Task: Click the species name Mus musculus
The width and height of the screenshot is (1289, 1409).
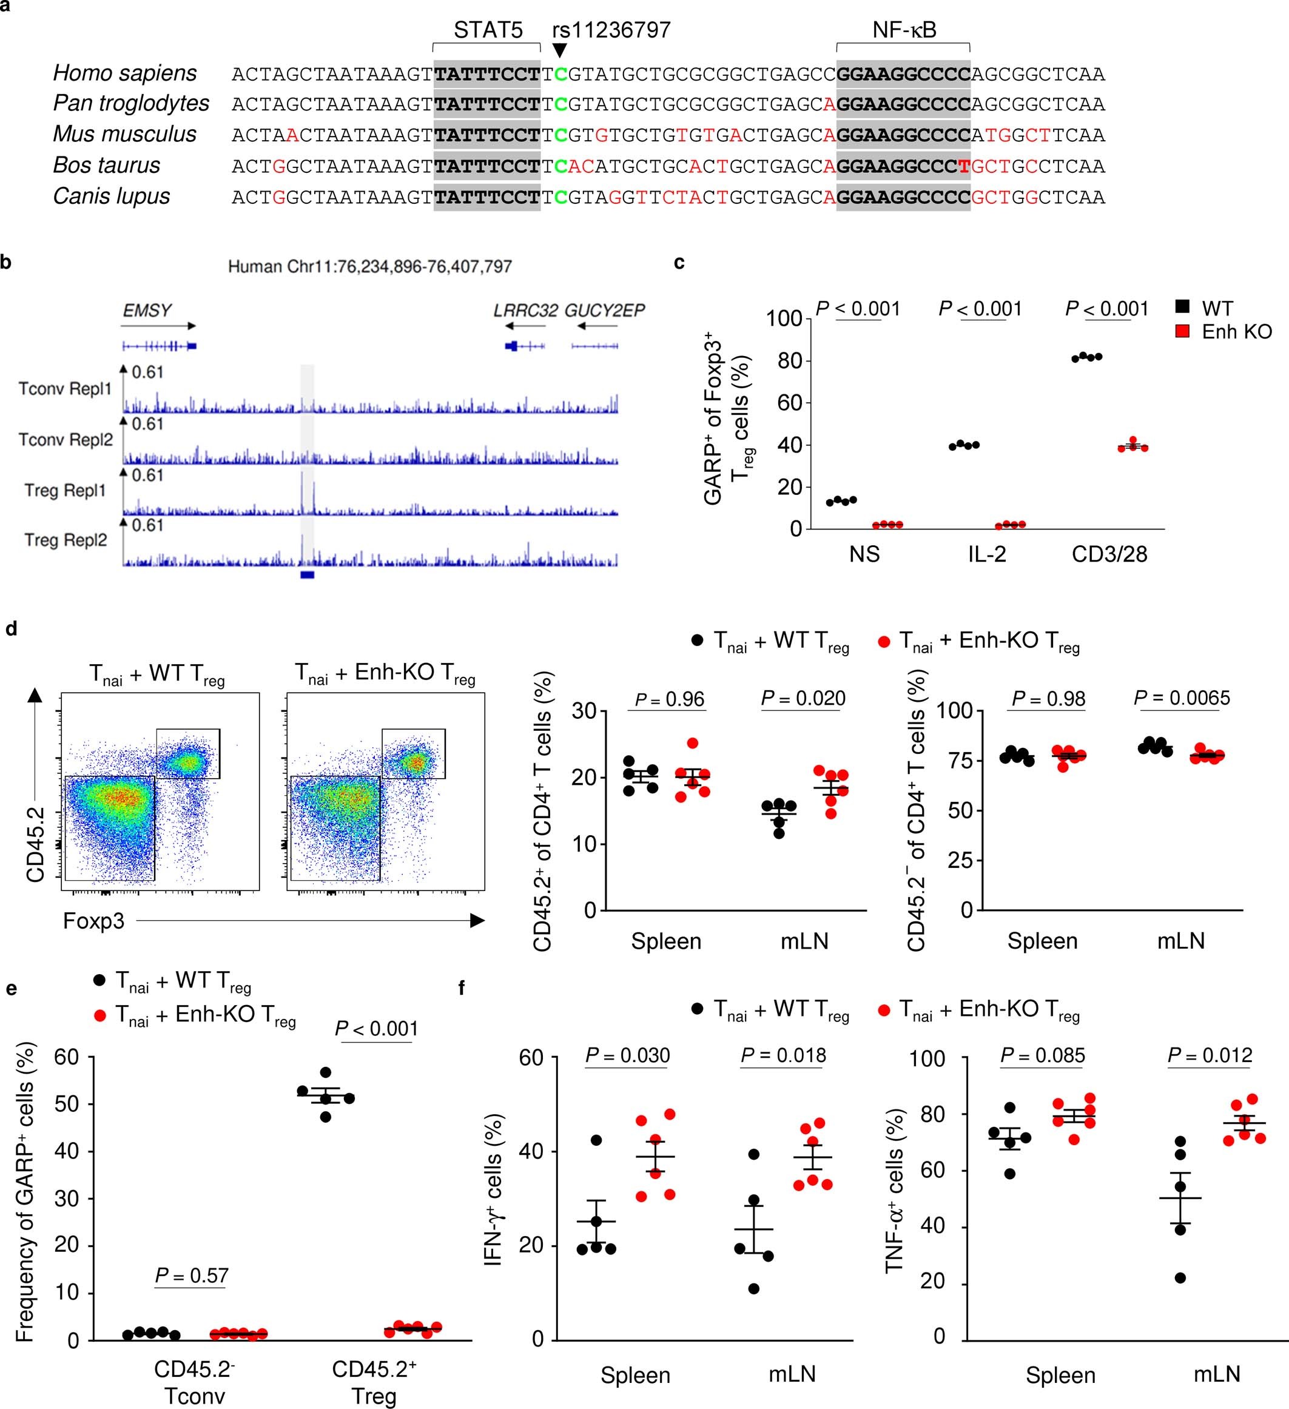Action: click(x=124, y=134)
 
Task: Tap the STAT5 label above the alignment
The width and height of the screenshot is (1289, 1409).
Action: click(x=487, y=30)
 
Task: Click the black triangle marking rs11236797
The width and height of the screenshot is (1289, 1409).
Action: click(x=559, y=51)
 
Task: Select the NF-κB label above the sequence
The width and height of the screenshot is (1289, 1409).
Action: click(x=904, y=30)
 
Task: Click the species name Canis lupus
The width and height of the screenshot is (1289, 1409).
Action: click(x=111, y=197)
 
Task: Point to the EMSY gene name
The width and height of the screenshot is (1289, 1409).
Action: click(x=147, y=311)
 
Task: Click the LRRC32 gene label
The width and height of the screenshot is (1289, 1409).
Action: click(x=525, y=311)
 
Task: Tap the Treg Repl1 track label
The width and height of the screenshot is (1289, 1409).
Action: click(x=65, y=491)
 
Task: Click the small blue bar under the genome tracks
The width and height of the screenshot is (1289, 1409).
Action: click(x=307, y=574)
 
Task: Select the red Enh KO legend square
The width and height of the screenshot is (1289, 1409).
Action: click(x=1182, y=331)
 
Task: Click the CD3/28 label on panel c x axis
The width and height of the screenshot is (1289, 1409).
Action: click(x=1109, y=554)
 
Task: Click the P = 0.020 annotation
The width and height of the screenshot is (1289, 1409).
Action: click(x=803, y=698)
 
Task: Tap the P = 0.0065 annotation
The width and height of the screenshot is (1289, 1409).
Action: click(x=1182, y=698)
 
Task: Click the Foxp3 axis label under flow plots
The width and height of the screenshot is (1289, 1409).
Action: click(x=93, y=921)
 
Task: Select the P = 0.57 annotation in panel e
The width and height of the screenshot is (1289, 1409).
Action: click(x=192, y=1276)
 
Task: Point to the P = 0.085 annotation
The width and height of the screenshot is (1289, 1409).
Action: click(x=1042, y=1055)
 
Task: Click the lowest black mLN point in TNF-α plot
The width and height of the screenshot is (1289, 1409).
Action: click(x=1180, y=1279)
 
